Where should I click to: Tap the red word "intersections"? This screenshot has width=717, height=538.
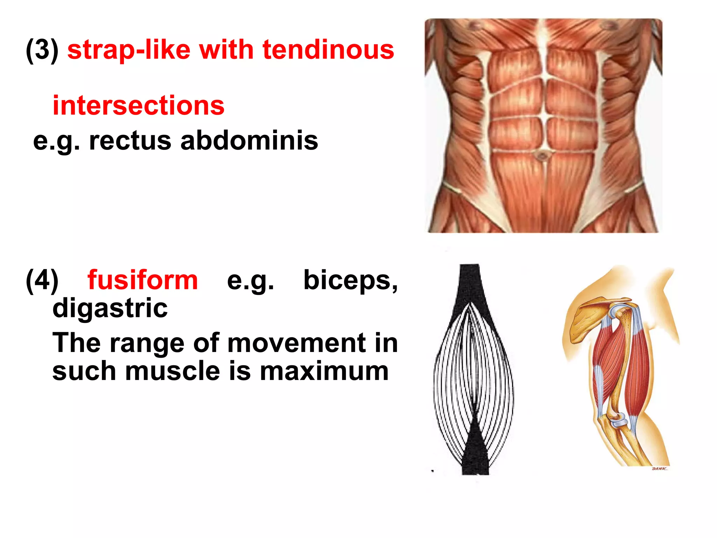138,105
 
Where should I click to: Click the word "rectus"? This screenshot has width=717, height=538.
130,140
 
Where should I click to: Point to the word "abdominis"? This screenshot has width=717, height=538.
249,140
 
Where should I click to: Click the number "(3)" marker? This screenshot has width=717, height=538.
42,50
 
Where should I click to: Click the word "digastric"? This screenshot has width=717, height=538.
110,308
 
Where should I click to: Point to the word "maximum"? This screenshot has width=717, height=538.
324,371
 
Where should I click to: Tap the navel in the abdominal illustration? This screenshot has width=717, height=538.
542,155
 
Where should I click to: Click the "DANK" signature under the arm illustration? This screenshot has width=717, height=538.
659,469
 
